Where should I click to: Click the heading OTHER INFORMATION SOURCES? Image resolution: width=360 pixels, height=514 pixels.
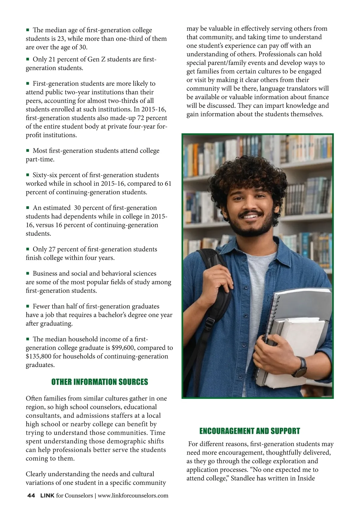pos(100,382)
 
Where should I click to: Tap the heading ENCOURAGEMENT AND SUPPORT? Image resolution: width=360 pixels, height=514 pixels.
pos(250,431)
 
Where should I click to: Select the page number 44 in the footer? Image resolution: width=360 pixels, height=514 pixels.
pos(31,495)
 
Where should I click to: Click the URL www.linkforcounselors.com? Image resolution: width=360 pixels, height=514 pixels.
pos(133,495)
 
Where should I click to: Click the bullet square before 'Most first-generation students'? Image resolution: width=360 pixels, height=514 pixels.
pos(28,150)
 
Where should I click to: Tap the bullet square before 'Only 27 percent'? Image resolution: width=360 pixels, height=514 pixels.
pos(28,249)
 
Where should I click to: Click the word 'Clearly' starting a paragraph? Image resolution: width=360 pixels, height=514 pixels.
pos(36,474)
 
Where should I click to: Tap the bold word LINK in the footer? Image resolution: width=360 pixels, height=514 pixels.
pos(47,495)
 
